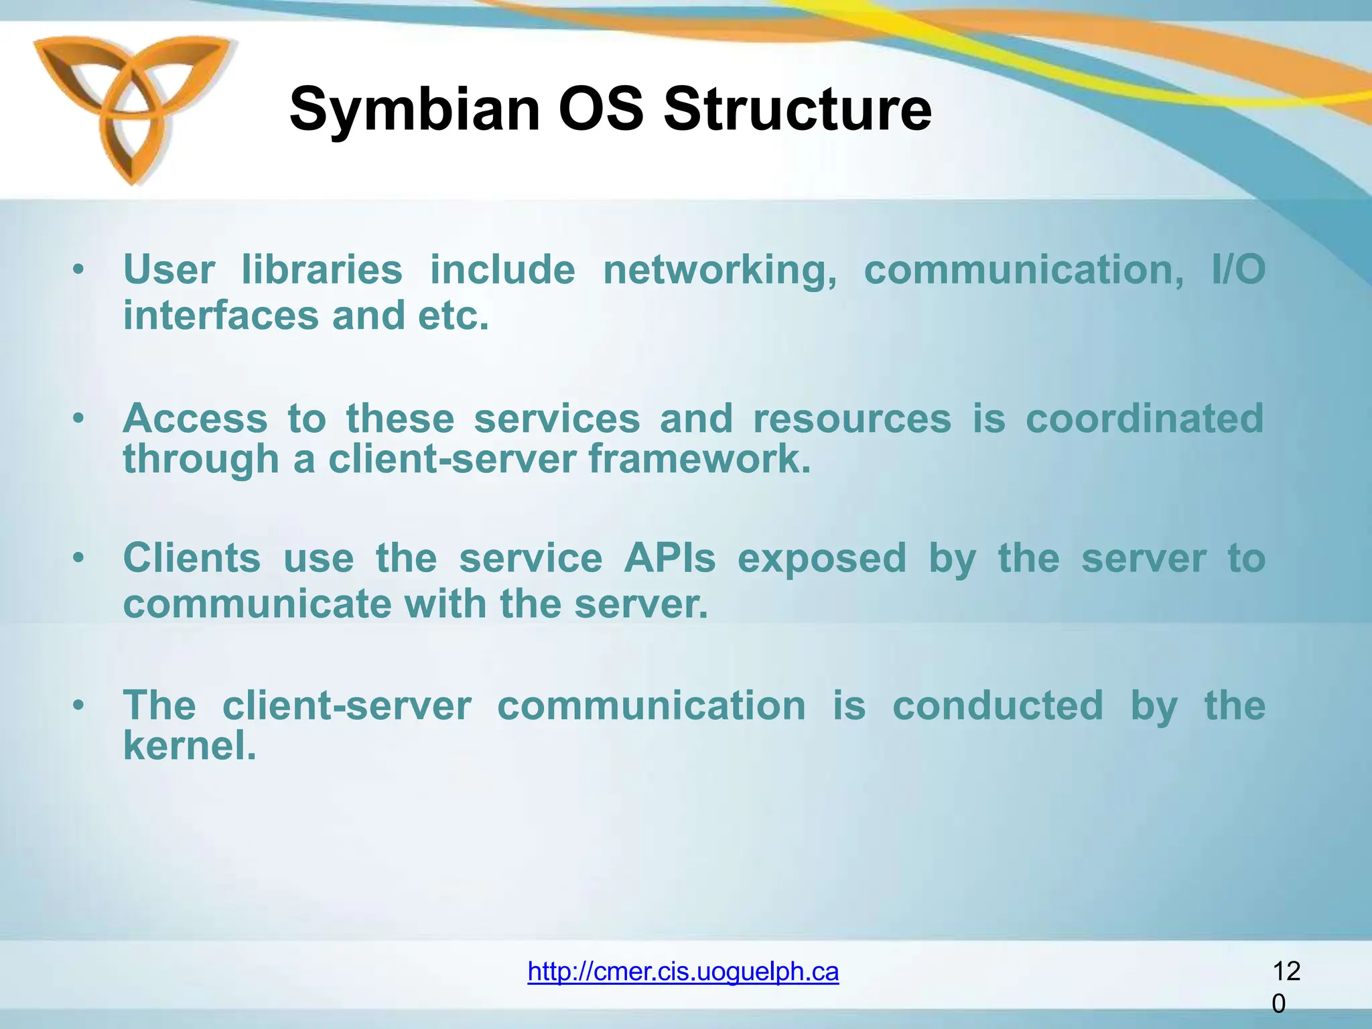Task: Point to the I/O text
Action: tap(1238, 269)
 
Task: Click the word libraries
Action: tap(322, 269)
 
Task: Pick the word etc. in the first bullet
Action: tap(454, 316)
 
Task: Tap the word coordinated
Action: tap(1144, 419)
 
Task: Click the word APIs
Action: tap(669, 558)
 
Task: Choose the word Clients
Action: tap(192, 558)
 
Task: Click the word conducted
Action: tap(998, 706)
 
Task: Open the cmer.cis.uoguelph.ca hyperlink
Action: tap(683, 971)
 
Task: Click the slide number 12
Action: tap(1286, 971)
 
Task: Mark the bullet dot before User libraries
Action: tap(79, 270)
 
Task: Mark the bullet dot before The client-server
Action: tap(79, 705)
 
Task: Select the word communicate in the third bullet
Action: tap(257, 604)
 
